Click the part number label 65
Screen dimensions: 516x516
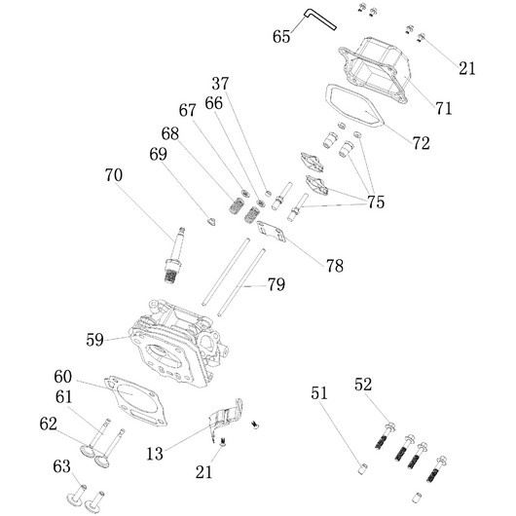(x=281, y=36)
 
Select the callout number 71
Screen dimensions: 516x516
(x=444, y=108)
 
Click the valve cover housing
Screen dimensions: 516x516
(x=375, y=70)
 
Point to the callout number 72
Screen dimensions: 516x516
(x=422, y=143)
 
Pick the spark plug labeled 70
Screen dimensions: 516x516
(x=174, y=255)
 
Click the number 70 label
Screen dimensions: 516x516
(x=114, y=174)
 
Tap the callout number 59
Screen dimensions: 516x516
(x=94, y=340)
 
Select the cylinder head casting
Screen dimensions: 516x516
(x=179, y=344)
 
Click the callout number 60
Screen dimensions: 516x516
(x=63, y=377)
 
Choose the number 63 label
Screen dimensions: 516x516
(x=62, y=466)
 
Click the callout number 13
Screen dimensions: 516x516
(x=155, y=454)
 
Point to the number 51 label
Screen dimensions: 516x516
(x=319, y=393)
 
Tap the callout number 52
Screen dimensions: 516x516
(x=363, y=385)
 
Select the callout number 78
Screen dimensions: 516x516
(x=335, y=266)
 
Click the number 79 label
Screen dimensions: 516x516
(x=276, y=284)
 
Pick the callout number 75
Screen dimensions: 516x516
(x=376, y=202)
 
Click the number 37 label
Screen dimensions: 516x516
(x=220, y=84)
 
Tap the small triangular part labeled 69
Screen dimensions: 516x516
(x=211, y=221)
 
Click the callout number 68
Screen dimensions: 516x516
(x=170, y=133)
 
